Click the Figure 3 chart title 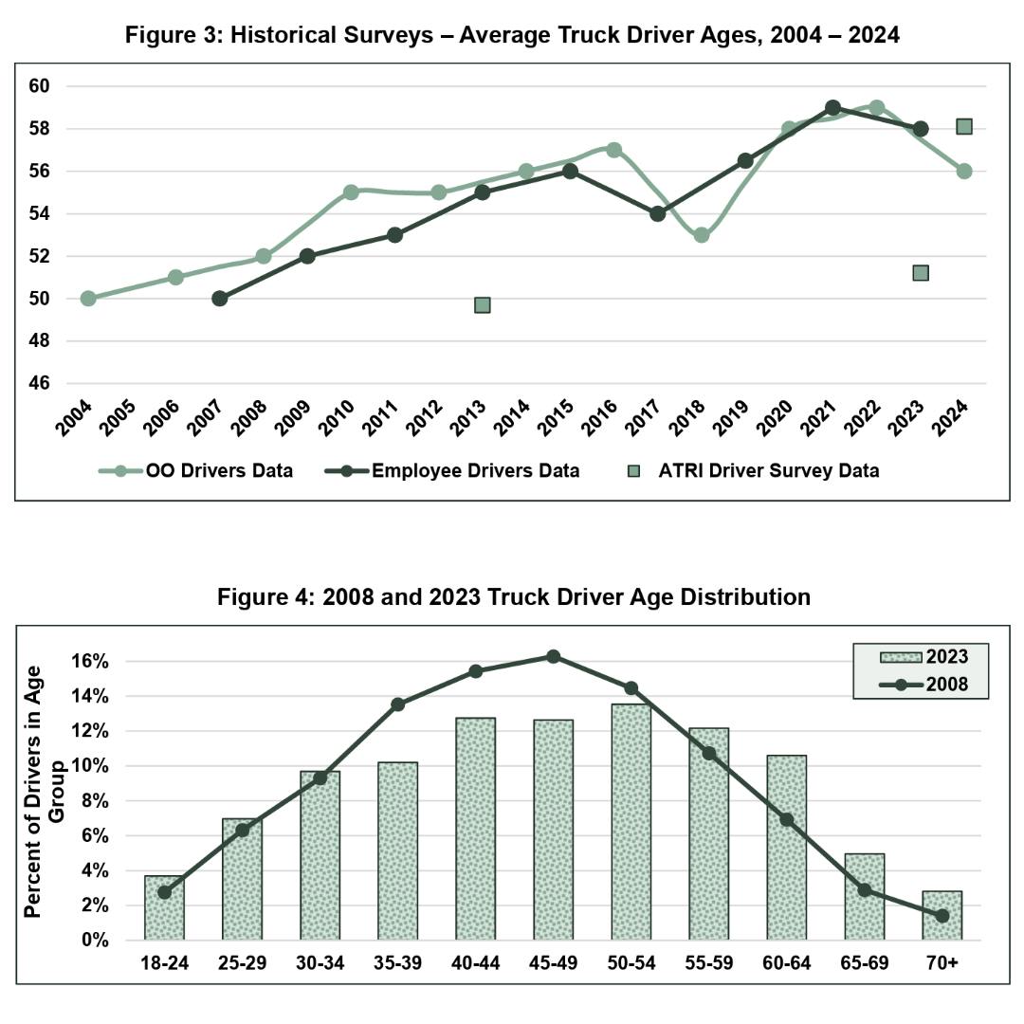point(513,36)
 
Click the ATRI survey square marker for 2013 point(482,304)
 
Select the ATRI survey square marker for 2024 point(964,127)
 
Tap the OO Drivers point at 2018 point(701,235)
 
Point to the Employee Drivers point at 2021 point(832,108)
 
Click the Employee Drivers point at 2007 point(219,299)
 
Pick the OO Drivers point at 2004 point(88,299)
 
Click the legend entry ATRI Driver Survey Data point(754,470)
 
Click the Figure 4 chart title point(513,596)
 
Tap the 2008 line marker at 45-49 point(554,656)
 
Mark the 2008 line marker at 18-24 point(164,892)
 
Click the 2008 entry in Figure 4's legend point(920,683)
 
